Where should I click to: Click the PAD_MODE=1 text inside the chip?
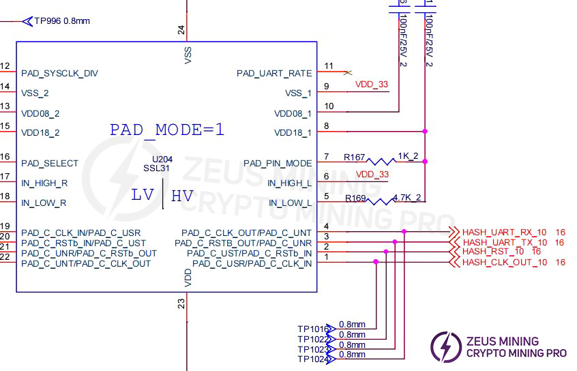(167, 130)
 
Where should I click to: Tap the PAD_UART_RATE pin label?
(274, 73)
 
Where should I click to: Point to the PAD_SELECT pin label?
(50, 164)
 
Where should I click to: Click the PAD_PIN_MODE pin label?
(278, 164)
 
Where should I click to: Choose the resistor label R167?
(355, 158)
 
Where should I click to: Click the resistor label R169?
(355, 198)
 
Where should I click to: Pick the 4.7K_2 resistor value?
(408, 198)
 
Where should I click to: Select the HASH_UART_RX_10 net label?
(505, 233)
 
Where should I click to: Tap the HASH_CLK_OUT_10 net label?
(505, 262)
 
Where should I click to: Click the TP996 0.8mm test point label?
(62, 21)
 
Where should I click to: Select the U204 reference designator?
(162, 159)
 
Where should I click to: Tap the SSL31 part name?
(157, 168)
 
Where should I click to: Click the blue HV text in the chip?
(182, 196)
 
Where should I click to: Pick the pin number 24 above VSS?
(181, 29)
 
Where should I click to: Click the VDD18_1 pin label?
(293, 133)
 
